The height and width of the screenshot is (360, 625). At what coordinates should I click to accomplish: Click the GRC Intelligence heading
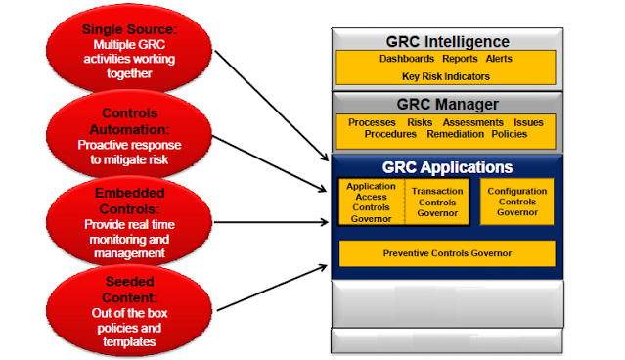click(x=446, y=42)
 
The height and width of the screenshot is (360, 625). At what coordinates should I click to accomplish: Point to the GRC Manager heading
click(x=446, y=104)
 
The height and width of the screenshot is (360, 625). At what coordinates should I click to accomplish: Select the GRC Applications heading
click(x=446, y=167)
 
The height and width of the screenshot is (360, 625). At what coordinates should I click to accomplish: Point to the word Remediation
click(x=455, y=134)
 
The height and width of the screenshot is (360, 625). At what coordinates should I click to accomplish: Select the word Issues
click(x=529, y=122)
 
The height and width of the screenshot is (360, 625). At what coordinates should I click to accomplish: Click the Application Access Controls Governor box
click(x=371, y=202)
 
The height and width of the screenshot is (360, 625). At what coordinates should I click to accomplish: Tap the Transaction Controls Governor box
click(x=437, y=202)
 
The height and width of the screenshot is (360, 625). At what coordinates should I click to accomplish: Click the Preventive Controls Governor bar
click(x=446, y=253)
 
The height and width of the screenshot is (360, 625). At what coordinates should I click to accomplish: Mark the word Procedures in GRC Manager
click(x=391, y=134)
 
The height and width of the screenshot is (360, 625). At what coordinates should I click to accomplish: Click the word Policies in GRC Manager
click(x=511, y=134)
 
